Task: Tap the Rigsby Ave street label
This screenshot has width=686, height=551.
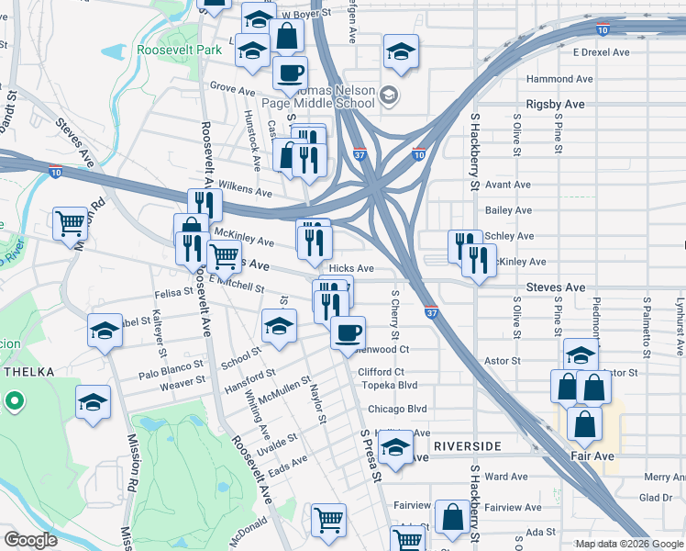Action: pos(555,105)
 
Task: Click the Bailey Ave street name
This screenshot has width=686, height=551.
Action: pos(509,210)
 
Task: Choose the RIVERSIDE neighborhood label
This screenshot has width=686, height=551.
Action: pos(468,446)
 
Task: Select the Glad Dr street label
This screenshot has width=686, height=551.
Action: pos(656,497)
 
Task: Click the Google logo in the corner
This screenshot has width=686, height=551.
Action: pos(31,540)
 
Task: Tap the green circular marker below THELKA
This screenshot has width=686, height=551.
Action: pos(14,401)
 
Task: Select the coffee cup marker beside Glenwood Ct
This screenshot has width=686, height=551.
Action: pos(347,332)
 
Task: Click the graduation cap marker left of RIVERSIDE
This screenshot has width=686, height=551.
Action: pos(395,449)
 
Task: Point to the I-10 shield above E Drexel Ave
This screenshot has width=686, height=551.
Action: pos(602,29)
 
